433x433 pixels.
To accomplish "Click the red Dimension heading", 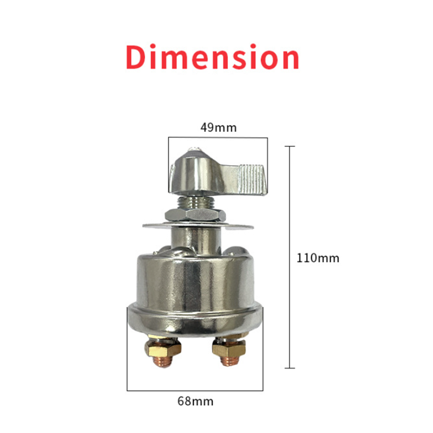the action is point(212,57).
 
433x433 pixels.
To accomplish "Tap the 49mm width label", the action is point(218,128).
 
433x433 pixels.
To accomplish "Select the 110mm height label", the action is point(318,258).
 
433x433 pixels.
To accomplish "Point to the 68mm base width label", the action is point(195,401).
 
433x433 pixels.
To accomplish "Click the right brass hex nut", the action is point(229,349).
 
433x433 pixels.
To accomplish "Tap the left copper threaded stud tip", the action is point(163,362).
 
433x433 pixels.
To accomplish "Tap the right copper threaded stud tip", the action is point(230,361).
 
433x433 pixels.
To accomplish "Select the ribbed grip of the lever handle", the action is point(251,179).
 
